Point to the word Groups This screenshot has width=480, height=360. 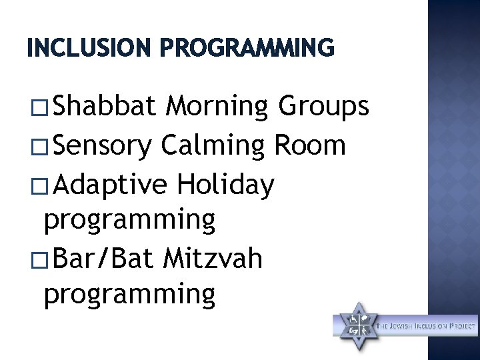323,105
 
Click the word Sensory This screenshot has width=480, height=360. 103,146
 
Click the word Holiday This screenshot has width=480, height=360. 225,185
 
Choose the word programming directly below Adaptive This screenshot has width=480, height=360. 129,221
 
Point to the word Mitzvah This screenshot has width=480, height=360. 212,258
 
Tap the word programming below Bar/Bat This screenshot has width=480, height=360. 129,294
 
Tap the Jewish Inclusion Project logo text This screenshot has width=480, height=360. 427,326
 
